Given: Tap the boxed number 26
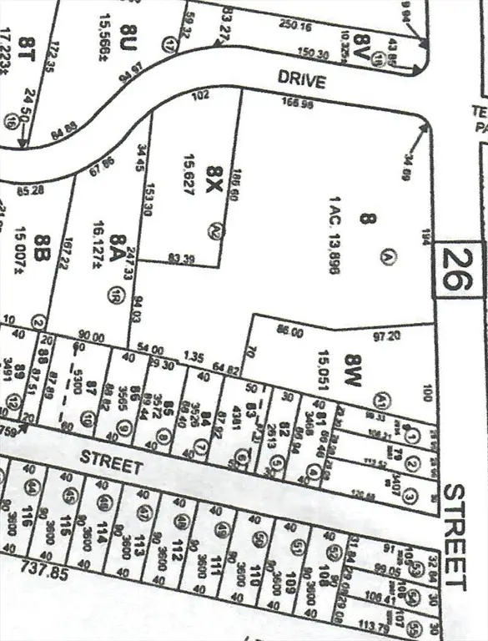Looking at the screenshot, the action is point(458,270).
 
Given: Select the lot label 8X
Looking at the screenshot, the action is point(213,181).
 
